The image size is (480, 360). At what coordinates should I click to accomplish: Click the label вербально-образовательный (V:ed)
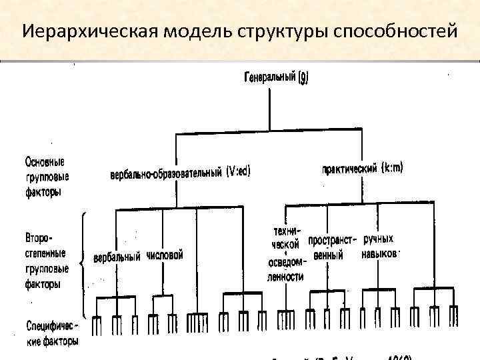(x=180, y=173)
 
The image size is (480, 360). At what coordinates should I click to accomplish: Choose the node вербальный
(x=117, y=257)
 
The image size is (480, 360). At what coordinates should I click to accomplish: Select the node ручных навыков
(x=380, y=246)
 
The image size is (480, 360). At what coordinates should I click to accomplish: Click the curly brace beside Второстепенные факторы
(x=83, y=263)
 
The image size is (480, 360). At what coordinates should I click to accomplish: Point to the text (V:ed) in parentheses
(x=238, y=171)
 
